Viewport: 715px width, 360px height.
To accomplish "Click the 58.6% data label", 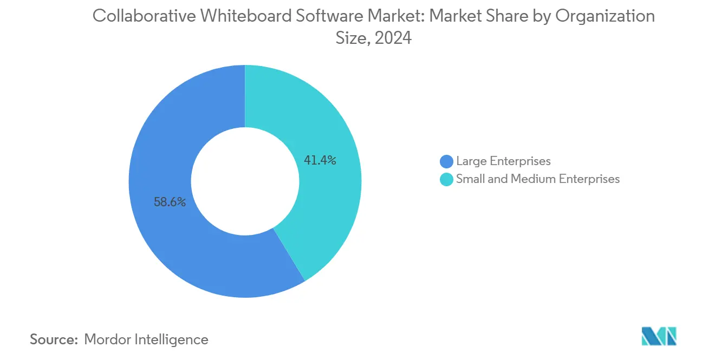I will (170, 202).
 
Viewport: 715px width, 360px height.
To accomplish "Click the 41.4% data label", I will (320, 160).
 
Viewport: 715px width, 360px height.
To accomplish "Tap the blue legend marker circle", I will (446, 161).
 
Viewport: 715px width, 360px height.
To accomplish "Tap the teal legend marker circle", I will (446, 179).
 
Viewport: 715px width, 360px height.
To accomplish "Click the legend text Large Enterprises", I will (503, 161).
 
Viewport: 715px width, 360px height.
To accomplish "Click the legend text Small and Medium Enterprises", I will (537, 179).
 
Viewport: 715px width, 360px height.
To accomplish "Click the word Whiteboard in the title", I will (237, 16).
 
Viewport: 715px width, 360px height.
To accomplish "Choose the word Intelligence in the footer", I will (174, 339).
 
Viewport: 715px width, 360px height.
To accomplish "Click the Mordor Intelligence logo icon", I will (659, 337).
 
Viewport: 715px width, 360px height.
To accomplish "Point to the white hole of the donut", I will (245, 181).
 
